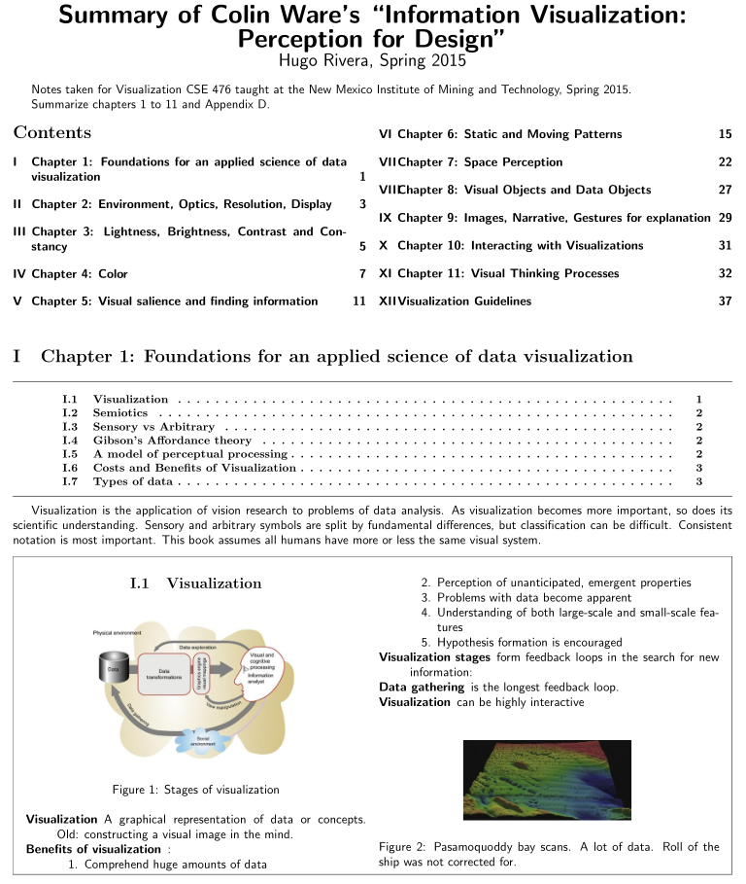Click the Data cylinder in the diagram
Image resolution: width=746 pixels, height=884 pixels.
[x=114, y=670]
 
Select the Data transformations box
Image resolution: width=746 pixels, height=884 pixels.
[x=164, y=673]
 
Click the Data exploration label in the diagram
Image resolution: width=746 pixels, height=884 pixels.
[x=200, y=647]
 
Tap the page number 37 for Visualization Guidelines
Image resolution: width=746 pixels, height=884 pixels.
[x=725, y=301]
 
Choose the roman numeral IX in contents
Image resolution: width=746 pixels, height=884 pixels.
[x=386, y=218]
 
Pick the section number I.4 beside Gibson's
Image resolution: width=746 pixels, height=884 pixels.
[x=69, y=441]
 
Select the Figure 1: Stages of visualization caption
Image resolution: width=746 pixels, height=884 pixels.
[x=195, y=789]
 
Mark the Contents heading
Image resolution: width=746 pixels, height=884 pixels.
[x=52, y=133]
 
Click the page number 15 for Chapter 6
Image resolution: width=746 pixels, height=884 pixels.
[x=725, y=134]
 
